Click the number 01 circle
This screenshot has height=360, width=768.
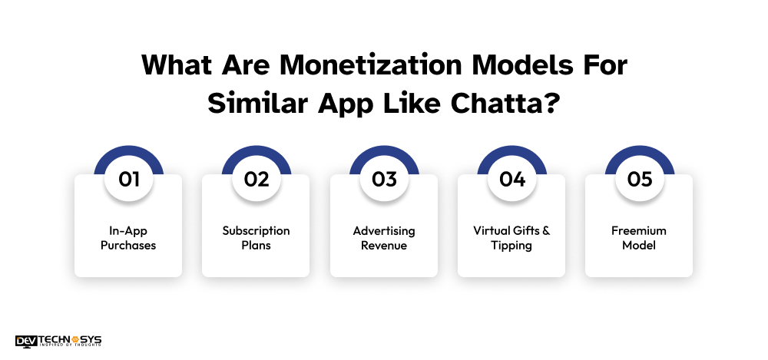pyautogui.click(x=128, y=180)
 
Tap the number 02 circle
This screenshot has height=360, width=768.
pyautogui.click(x=256, y=180)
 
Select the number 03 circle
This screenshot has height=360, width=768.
pyautogui.click(x=384, y=180)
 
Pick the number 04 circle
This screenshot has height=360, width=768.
pyautogui.click(x=511, y=180)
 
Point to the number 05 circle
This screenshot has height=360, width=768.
pyautogui.click(x=639, y=180)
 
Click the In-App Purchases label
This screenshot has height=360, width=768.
pyautogui.click(x=128, y=238)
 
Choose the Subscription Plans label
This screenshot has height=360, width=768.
pyautogui.click(x=256, y=238)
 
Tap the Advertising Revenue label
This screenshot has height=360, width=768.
pyautogui.click(x=384, y=238)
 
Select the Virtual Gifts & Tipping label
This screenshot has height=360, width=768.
pyautogui.click(x=511, y=238)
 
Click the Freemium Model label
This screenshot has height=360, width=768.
pyautogui.click(x=639, y=238)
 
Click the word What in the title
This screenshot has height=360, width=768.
pyautogui.click(x=174, y=65)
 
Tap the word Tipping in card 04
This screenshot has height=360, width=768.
pyautogui.click(x=511, y=246)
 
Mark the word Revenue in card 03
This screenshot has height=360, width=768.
pyautogui.click(x=384, y=246)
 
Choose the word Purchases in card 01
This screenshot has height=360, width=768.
pyautogui.click(x=128, y=246)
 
